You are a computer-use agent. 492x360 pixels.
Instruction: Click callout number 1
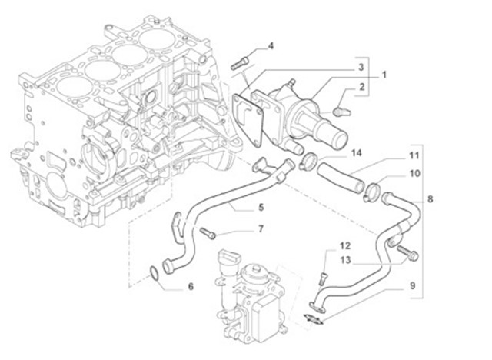[384, 75]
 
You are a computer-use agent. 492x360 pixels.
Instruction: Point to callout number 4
[271, 47]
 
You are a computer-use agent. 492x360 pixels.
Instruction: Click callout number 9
[412, 286]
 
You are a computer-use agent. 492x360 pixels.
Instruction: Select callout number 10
[414, 174]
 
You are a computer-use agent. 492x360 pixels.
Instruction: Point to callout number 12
[346, 245]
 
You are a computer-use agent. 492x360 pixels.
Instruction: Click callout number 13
[346, 262]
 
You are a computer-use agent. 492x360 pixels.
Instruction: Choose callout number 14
[355, 153]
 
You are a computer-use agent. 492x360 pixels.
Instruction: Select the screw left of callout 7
[208, 232]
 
